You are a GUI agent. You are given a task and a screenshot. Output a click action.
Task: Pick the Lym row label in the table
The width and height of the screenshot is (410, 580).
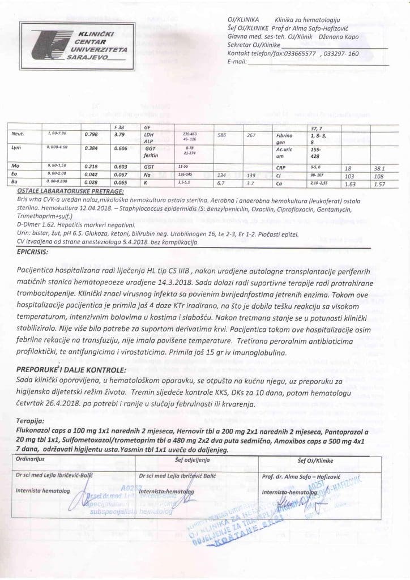pyautogui.click(x=16, y=147)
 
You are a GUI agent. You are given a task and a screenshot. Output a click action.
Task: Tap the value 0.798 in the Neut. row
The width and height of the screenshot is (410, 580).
pyautogui.click(x=91, y=135)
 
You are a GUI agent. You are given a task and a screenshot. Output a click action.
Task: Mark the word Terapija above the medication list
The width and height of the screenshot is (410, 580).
pyautogui.click(x=31, y=422)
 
